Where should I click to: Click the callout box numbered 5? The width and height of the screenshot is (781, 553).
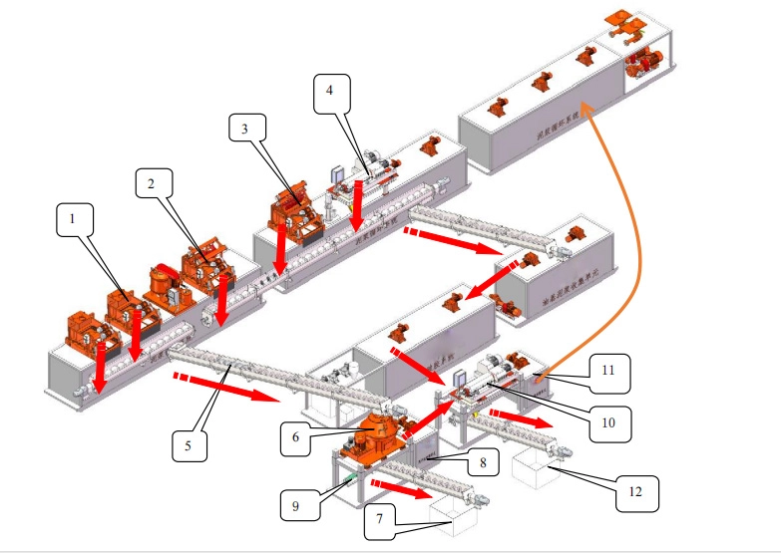pos(189,444)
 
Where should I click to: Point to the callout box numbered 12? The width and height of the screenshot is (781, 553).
pos(637,491)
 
